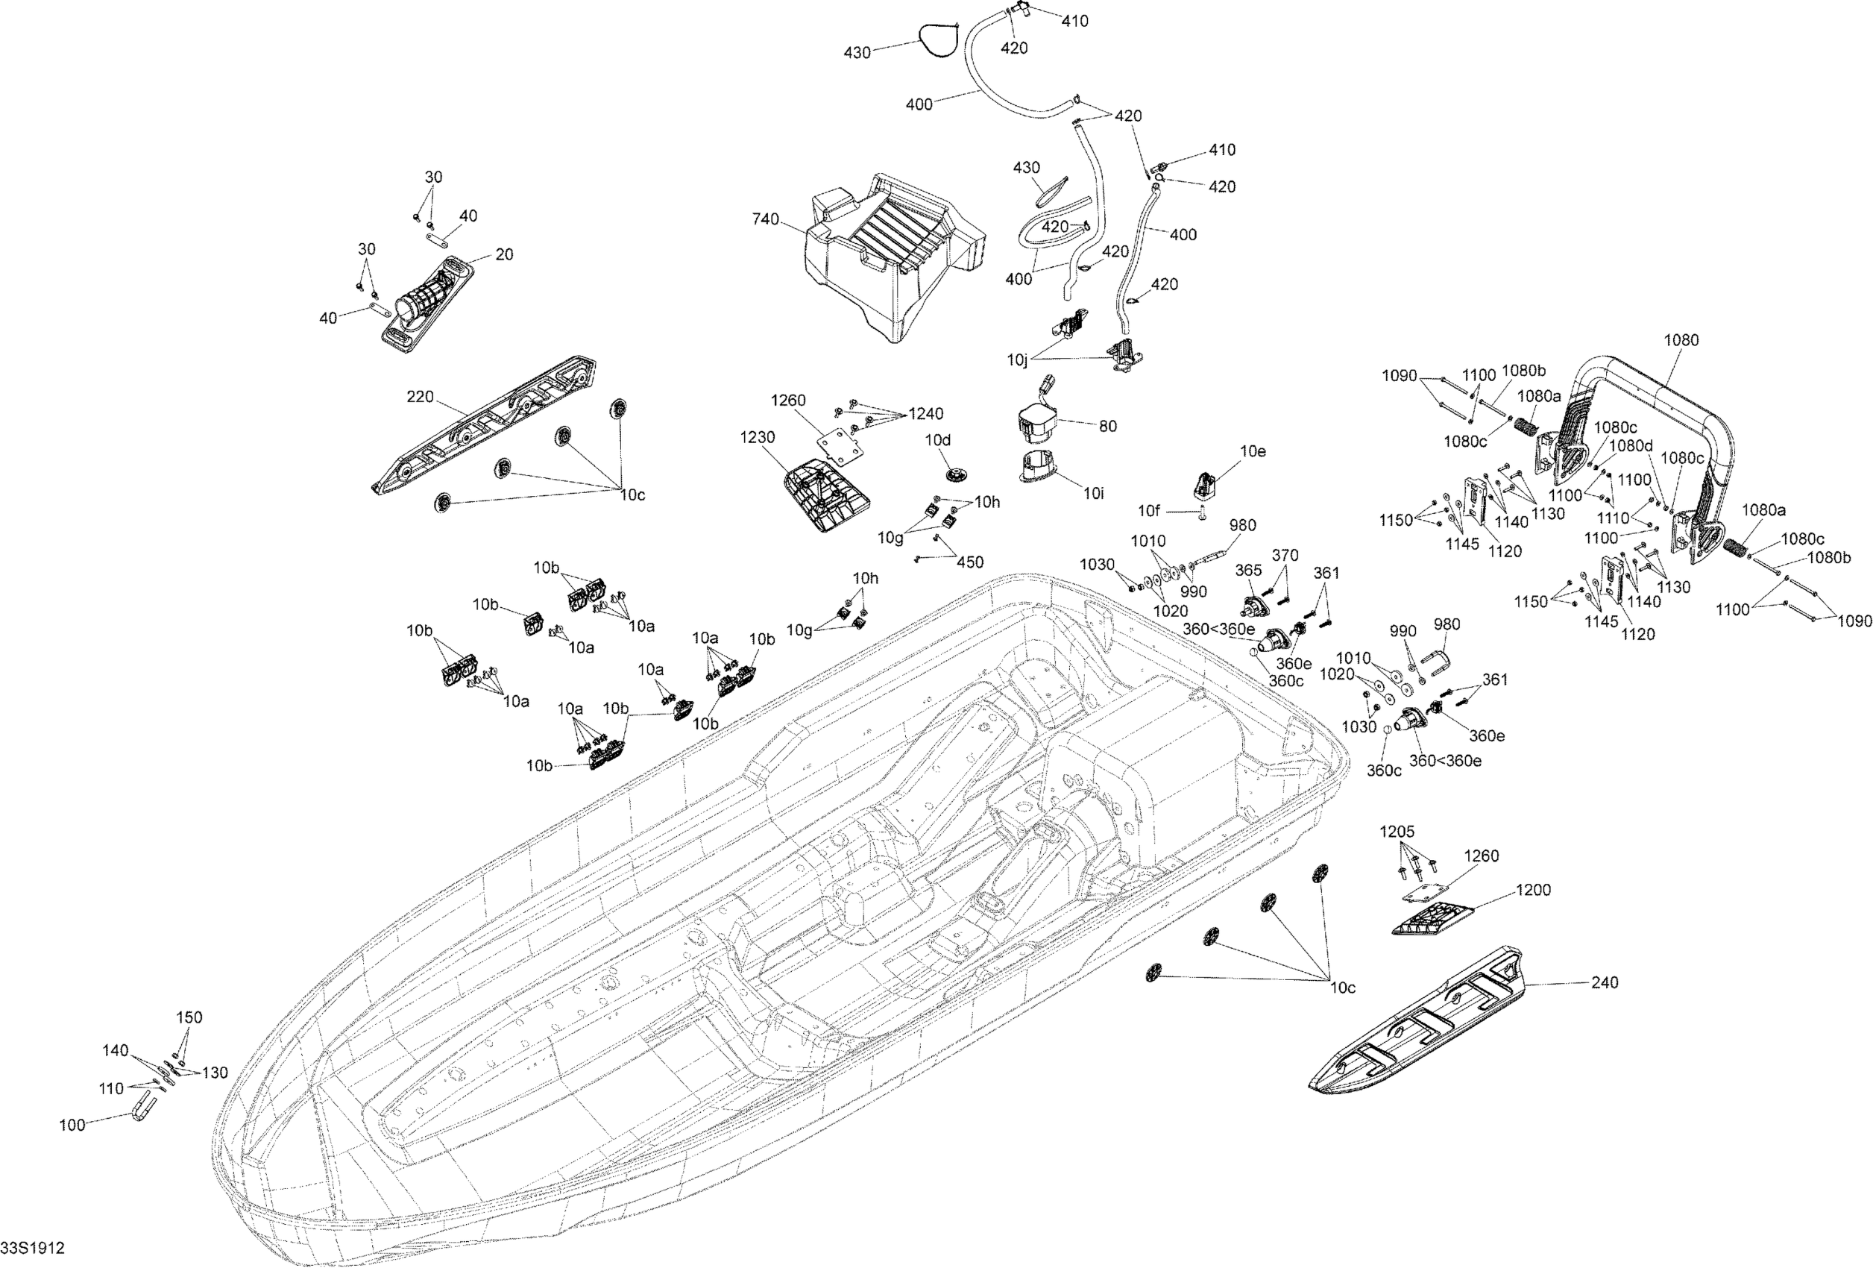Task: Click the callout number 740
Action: tap(765, 219)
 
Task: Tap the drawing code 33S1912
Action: tap(32, 1248)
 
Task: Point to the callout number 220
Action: tap(420, 397)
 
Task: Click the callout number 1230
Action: tap(758, 437)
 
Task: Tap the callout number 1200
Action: tap(1533, 890)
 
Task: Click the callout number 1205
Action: tap(1397, 832)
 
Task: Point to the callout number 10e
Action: tap(1253, 451)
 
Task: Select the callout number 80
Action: tap(1108, 426)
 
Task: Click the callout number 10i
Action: tap(1093, 493)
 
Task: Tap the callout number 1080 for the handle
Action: tap(1681, 340)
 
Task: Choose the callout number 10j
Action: tap(1017, 360)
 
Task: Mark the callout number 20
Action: tap(504, 254)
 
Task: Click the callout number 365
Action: tap(1248, 570)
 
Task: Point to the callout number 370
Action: tap(1285, 555)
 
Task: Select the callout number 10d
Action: tap(937, 440)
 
